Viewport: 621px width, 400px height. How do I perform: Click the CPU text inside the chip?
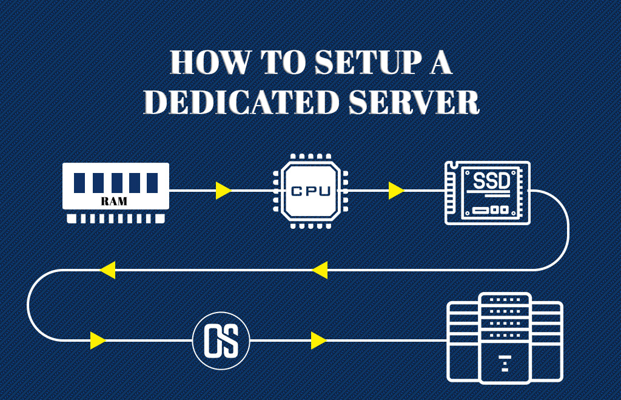(x=310, y=191)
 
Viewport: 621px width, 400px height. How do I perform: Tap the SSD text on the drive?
(x=491, y=181)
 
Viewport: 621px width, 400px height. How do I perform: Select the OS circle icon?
(x=220, y=341)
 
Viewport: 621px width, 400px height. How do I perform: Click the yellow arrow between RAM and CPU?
(x=224, y=191)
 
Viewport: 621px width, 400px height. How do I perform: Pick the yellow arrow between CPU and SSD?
(x=396, y=191)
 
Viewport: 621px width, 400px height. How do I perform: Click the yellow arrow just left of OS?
(x=98, y=341)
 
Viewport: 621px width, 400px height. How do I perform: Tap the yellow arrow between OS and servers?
(x=318, y=341)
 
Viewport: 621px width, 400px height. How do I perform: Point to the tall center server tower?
(x=505, y=337)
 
